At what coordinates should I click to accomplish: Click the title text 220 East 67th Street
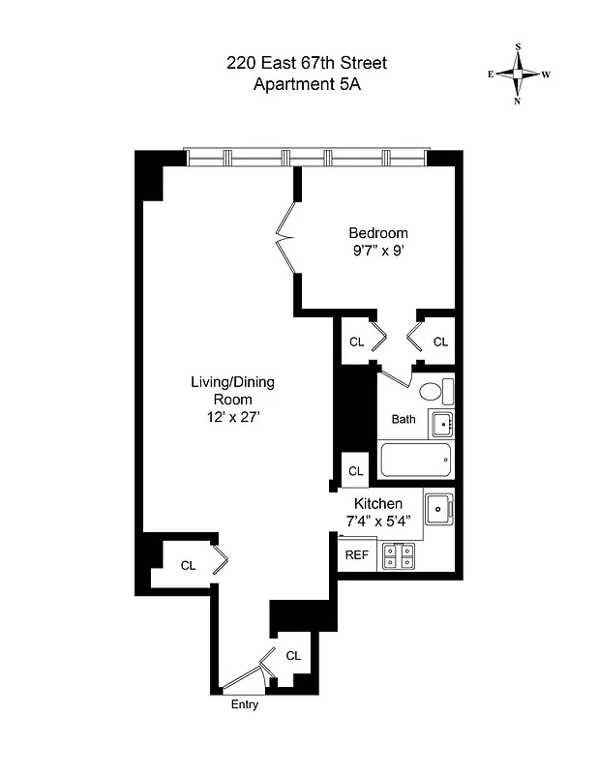point(306,64)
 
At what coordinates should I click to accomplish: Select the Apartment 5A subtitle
point(306,84)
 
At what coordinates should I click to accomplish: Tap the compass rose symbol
point(519,74)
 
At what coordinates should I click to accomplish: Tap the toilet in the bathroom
point(433,393)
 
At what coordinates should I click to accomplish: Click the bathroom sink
point(440,423)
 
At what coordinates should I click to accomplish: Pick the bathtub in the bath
point(416,461)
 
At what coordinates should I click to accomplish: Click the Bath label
point(404,420)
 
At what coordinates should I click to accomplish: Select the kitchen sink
point(439,506)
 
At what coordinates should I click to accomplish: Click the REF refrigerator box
point(356,555)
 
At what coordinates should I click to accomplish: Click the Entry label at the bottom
point(245,705)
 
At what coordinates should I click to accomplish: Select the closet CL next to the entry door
point(293,656)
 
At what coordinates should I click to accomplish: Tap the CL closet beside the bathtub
point(355,471)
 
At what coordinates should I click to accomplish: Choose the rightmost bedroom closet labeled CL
point(440,342)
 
